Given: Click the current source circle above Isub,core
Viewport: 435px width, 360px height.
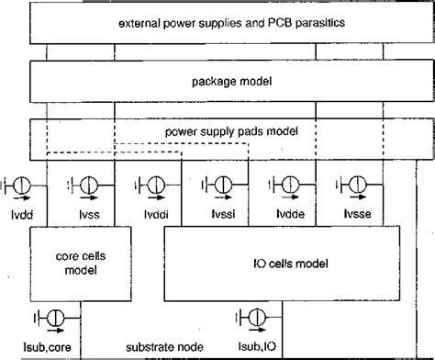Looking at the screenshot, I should [54, 319].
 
